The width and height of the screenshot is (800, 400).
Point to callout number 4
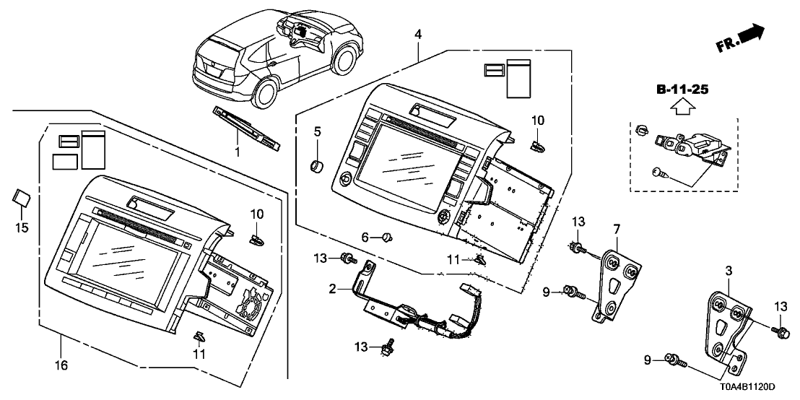tap(418, 32)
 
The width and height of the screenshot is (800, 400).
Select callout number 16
tap(62, 365)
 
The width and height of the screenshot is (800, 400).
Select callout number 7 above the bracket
tap(616, 229)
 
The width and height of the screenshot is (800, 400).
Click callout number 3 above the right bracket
tap(729, 270)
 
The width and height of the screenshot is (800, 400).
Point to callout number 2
tap(333, 289)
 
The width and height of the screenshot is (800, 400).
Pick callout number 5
tap(316, 131)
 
